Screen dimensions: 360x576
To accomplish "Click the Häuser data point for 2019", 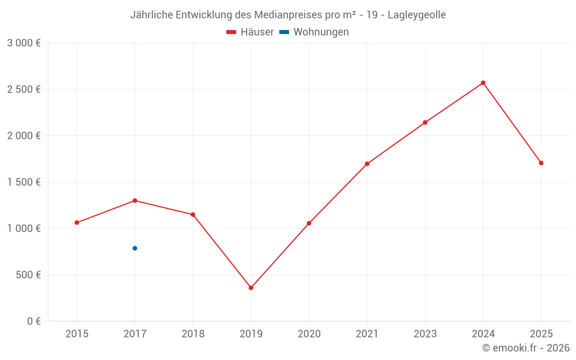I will (251, 287).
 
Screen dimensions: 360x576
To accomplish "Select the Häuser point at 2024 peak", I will (483, 83).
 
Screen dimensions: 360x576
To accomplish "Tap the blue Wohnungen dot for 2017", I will (135, 248).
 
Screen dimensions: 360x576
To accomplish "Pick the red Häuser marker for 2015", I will (77, 222).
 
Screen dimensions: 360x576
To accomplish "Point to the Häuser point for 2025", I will (541, 163).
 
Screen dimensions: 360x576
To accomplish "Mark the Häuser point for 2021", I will (367, 164).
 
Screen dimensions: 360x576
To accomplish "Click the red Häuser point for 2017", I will (135, 200).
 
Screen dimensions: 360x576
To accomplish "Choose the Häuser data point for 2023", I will (425, 122).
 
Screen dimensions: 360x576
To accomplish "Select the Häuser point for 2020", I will (309, 223).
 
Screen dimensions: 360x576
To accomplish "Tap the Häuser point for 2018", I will (193, 214).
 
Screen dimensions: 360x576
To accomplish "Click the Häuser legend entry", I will (251, 32).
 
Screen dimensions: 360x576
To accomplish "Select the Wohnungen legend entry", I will (315, 32).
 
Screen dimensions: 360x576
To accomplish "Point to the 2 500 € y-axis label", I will (24, 89).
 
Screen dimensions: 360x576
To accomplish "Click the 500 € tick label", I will (27, 275).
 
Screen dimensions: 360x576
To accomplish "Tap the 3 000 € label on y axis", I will (24, 43).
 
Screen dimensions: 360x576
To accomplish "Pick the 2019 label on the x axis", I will (251, 334).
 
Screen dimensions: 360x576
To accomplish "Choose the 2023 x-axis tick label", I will (425, 334).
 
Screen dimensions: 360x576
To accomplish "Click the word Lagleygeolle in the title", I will (416, 15).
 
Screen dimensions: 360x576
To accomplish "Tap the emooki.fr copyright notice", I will (526, 348).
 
